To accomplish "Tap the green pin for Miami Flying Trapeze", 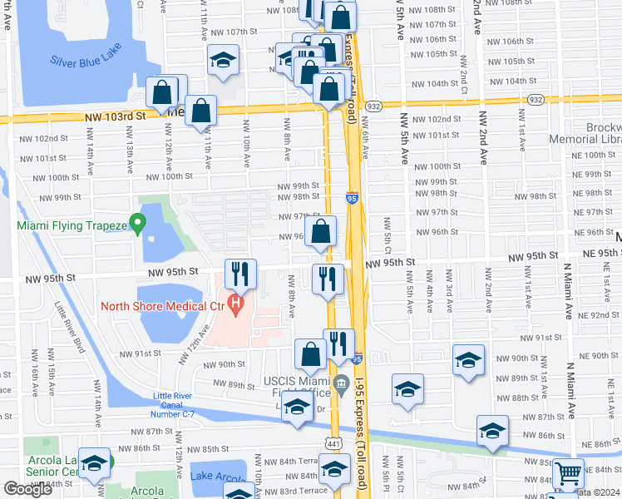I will (x=139, y=223).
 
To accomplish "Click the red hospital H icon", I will (x=236, y=304).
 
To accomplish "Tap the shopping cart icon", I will (x=569, y=474).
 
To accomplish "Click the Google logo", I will (x=28, y=489).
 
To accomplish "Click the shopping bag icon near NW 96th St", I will (x=321, y=232).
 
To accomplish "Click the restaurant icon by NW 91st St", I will (x=338, y=343).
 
